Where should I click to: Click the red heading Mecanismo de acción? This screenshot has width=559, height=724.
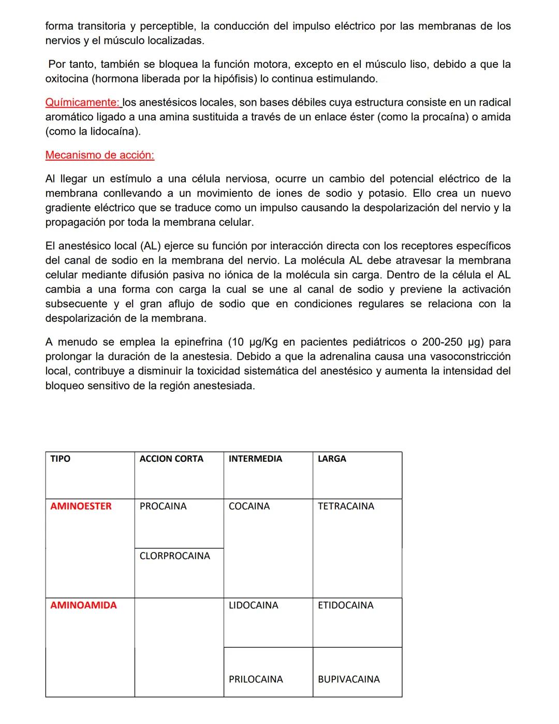pos(99,155)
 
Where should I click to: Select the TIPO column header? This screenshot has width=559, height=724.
pos(60,459)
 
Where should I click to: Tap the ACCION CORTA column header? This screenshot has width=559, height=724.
pos(171,459)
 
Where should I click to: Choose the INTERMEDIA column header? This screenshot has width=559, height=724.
pos(255,459)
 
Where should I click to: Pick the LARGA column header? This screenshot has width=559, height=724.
pos(332,459)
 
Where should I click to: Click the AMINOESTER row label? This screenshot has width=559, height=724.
pos(81,506)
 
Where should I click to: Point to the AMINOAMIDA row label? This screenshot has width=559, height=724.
pos(83,605)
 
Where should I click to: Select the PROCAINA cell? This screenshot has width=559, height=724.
pos(163,506)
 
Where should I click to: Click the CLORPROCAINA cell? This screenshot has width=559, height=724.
pos(175,556)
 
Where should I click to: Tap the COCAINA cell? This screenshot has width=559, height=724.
pos(249,506)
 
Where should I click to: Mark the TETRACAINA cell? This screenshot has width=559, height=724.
pos(346,506)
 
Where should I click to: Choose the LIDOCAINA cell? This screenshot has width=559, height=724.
pos(253,605)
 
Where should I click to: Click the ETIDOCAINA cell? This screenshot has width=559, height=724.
pos(345,605)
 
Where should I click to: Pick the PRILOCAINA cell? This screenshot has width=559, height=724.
pos(256,679)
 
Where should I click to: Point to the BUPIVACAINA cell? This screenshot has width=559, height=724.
pos(348,679)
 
